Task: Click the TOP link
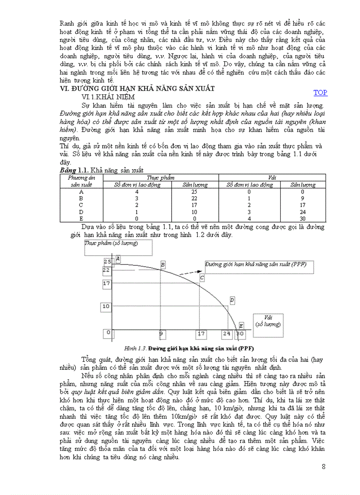(x=320, y=93)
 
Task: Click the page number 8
(x=324, y=467)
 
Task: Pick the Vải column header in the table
(x=272, y=177)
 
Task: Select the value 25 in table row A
(x=194, y=192)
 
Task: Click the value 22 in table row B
(x=194, y=198)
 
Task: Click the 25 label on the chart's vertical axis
(x=106, y=261)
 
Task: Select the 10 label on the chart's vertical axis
(x=106, y=306)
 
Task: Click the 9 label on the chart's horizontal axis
(x=161, y=334)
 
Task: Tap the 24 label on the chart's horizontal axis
(x=227, y=334)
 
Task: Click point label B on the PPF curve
(x=163, y=264)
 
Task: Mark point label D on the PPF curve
(x=232, y=300)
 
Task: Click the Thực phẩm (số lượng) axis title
(x=104, y=243)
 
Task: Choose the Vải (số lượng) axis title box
(x=268, y=320)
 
